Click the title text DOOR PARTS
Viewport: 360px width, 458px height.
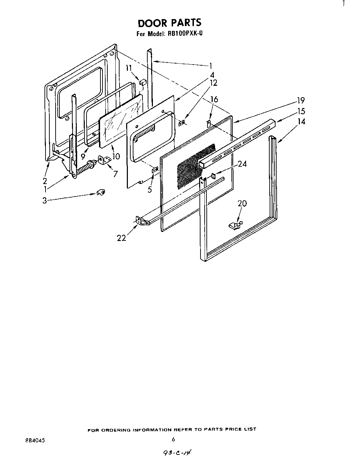coord(169,23)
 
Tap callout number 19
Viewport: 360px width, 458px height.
coord(301,101)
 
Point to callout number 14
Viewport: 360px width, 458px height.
coord(301,122)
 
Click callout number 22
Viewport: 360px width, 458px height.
coord(121,238)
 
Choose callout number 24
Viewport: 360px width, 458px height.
coord(242,164)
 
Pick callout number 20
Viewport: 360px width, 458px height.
coord(242,203)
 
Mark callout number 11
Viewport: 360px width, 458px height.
coord(129,68)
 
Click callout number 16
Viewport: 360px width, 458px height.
coord(214,100)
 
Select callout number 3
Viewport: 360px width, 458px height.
coord(44,201)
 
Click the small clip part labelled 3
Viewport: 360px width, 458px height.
coord(101,192)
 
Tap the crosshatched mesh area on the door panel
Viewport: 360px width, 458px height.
coord(191,167)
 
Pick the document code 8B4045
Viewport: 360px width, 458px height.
coord(35,440)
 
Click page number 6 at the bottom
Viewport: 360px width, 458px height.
coord(173,439)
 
